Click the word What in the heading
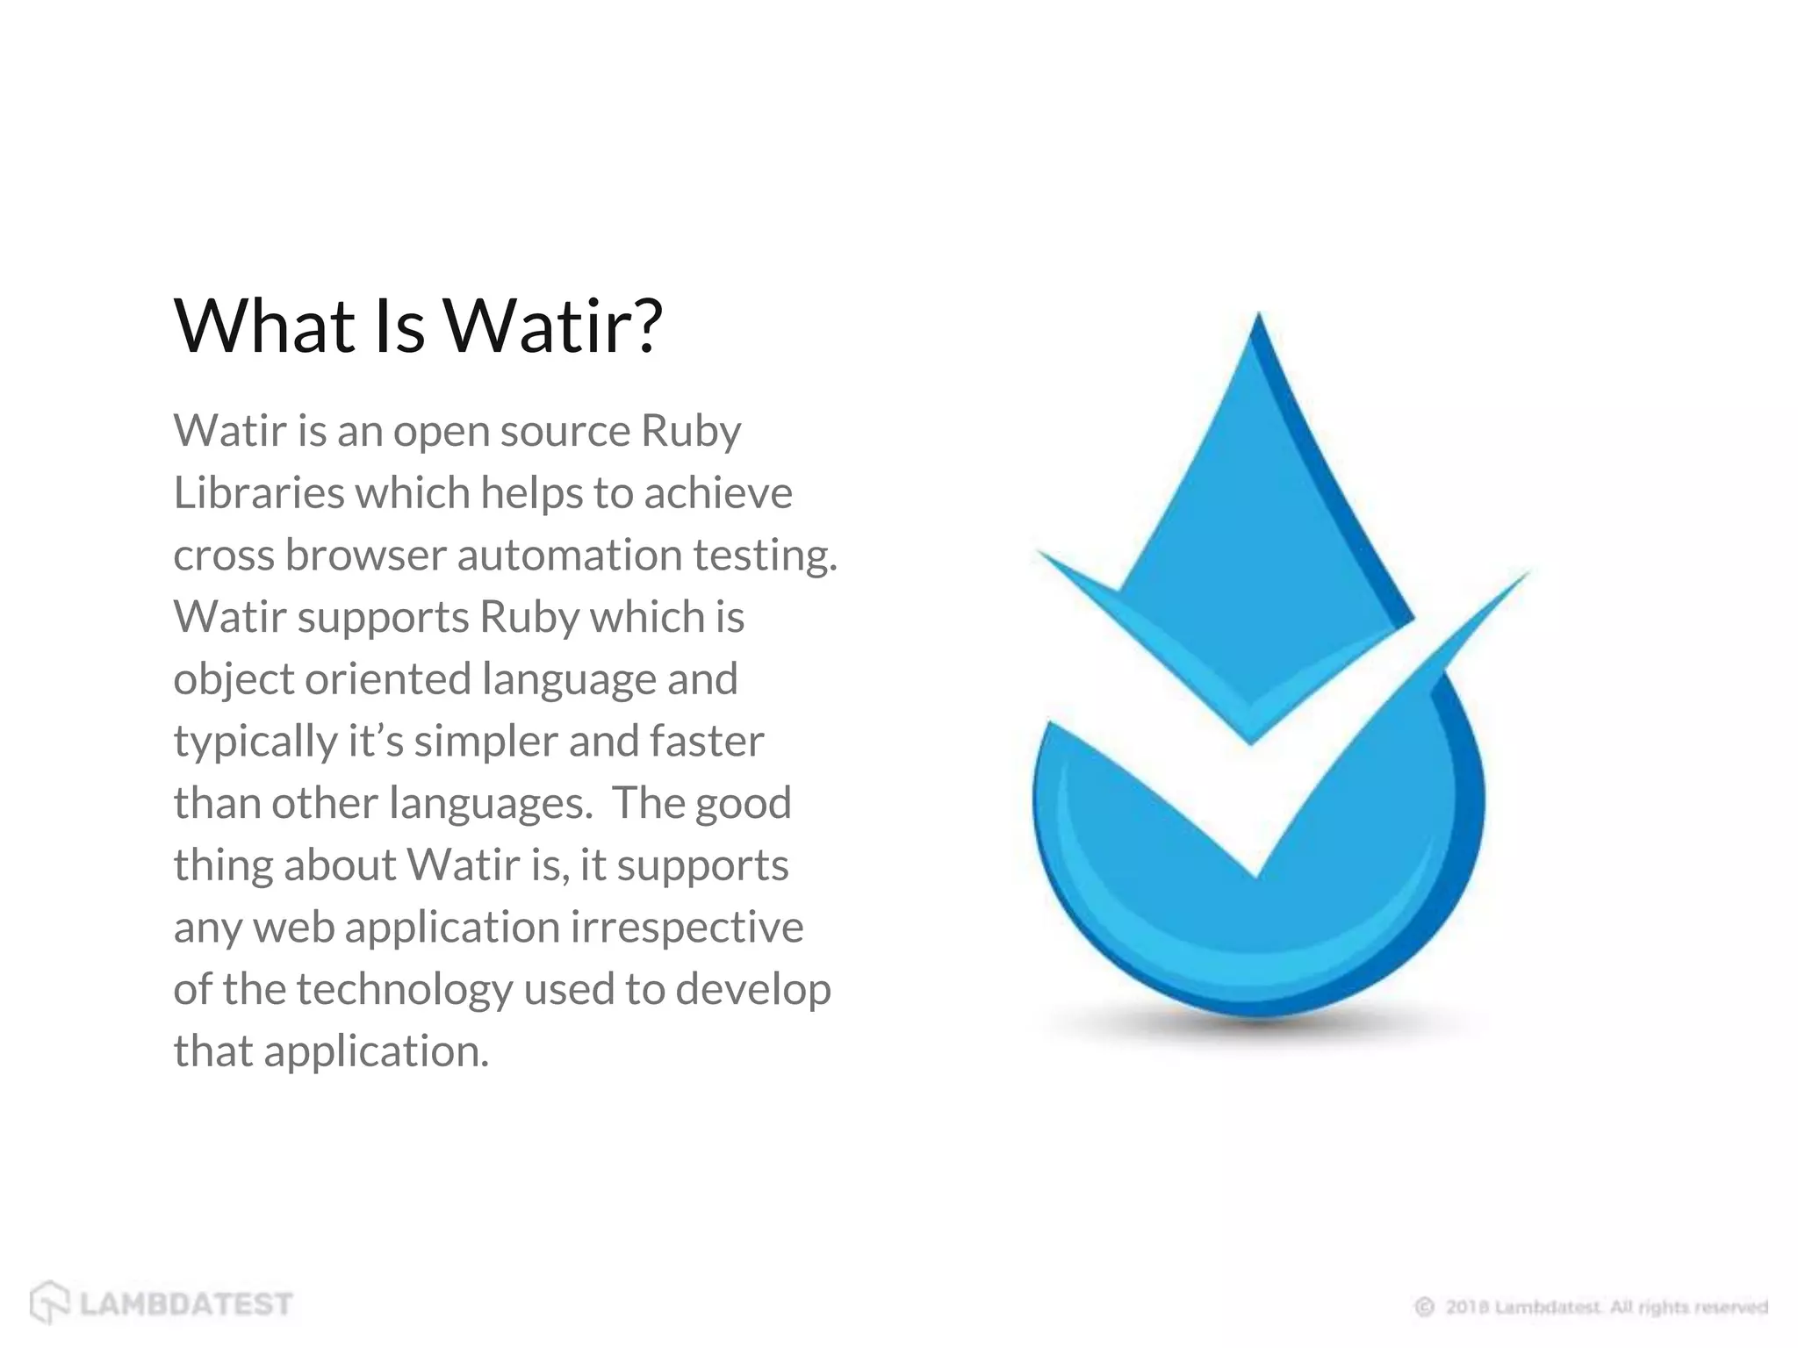point(263,326)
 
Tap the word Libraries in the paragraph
point(259,492)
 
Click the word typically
point(255,742)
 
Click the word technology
point(404,991)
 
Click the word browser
point(365,555)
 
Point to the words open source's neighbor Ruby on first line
point(690,432)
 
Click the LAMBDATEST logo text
point(186,1304)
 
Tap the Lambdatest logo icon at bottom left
point(49,1301)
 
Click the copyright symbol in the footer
point(1424,1307)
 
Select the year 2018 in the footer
point(1467,1307)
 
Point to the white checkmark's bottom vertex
point(1255,873)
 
